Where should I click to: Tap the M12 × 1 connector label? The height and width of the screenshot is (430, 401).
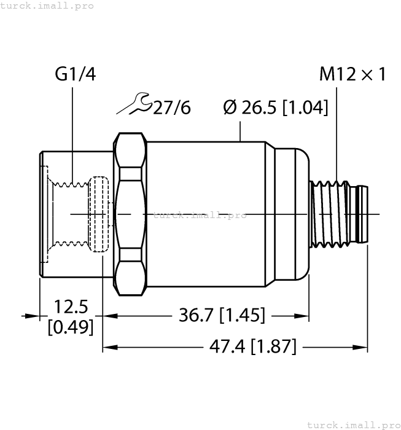[x=352, y=75]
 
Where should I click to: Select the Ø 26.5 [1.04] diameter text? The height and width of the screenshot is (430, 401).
[x=276, y=107]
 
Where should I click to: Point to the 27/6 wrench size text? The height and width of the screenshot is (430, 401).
[x=171, y=108]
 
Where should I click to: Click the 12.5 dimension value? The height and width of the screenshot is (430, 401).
[x=71, y=307]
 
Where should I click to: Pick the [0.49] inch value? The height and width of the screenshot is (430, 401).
[x=71, y=327]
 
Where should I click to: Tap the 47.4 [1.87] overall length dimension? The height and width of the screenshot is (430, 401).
[x=252, y=346]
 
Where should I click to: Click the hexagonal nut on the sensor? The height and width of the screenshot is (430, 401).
[x=130, y=212]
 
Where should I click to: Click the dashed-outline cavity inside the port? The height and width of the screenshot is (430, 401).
[x=98, y=214]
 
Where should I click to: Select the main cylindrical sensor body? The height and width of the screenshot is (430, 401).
[x=206, y=212]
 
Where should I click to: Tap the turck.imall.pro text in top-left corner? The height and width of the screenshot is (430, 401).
[x=47, y=6]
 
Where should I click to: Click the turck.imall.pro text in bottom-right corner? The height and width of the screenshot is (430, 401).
[x=352, y=424]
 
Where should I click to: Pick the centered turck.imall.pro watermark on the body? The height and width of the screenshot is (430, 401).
[x=199, y=215]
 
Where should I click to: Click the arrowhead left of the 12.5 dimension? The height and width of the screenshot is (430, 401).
[x=31, y=316]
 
